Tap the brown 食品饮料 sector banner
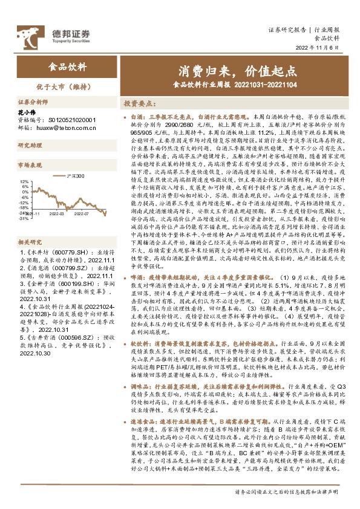pyautogui.click(x=67, y=68)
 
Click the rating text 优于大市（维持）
pyautogui.click(x=67, y=87)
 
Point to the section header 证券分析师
pyautogui.click(x=31, y=103)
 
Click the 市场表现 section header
pyautogui.click(x=28, y=164)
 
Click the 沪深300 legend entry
pyautogui.click(x=77, y=176)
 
